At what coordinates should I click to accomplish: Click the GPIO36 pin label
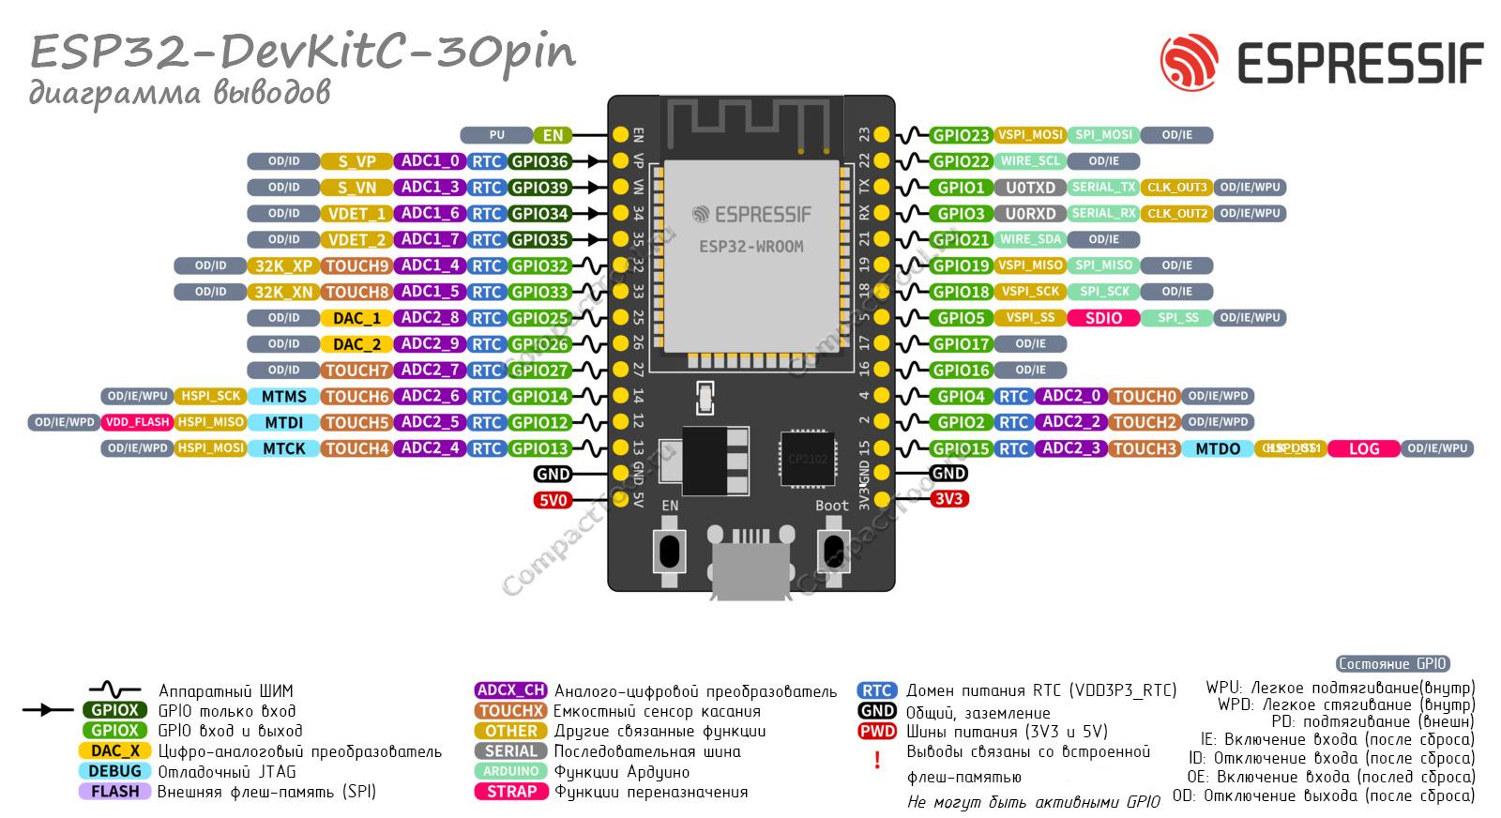point(539,161)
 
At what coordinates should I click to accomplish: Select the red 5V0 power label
point(553,500)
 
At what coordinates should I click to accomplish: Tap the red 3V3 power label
point(948,499)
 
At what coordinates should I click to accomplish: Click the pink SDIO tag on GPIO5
point(1103,318)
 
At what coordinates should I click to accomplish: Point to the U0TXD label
point(1030,188)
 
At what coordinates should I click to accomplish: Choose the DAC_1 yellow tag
point(356,318)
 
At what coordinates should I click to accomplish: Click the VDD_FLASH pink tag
point(137,422)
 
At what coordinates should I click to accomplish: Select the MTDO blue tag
point(1218,448)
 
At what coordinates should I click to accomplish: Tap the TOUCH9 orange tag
point(356,265)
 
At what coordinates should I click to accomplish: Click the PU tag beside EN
point(496,135)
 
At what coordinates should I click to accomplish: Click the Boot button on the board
point(831,549)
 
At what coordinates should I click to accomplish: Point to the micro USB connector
point(750,568)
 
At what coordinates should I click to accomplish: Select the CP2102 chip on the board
point(807,458)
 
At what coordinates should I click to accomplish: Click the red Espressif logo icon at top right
point(1189,61)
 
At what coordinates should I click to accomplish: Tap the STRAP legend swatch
point(511,791)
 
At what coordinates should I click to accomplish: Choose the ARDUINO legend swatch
point(511,771)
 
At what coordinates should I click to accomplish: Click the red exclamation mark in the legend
point(877,760)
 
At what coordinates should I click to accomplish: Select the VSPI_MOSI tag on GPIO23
point(1029,135)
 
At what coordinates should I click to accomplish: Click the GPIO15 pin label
point(961,448)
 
